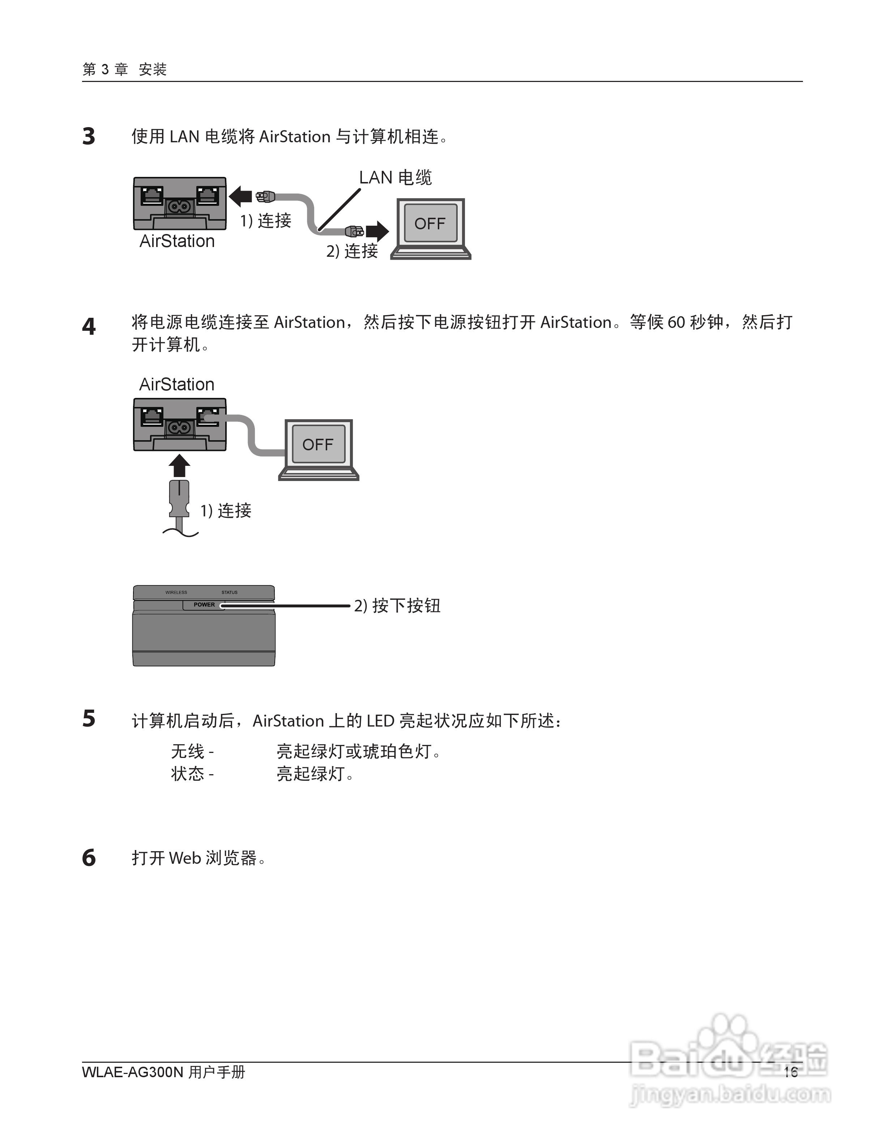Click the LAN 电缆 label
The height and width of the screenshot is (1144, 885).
(395, 178)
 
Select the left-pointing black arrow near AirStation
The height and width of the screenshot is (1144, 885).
(241, 196)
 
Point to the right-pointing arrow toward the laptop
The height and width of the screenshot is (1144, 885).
(377, 230)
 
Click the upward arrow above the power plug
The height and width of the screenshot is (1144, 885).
(179, 465)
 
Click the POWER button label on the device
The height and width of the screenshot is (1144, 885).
(204, 604)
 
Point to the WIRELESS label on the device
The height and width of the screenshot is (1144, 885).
(176, 593)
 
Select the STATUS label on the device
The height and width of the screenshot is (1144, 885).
(229, 593)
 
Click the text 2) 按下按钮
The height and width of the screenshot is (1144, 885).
(397, 606)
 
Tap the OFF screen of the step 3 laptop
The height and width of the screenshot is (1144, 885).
(430, 224)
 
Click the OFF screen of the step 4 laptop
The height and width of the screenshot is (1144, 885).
(318, 445)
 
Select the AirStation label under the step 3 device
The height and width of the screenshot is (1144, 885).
(177, 242)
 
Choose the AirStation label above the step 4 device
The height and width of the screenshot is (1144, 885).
(177, 385)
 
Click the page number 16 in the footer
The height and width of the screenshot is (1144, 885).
(790, 1072)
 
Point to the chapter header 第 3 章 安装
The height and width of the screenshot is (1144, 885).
(124, 69)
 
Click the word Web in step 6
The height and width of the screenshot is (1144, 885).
(184, 858)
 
